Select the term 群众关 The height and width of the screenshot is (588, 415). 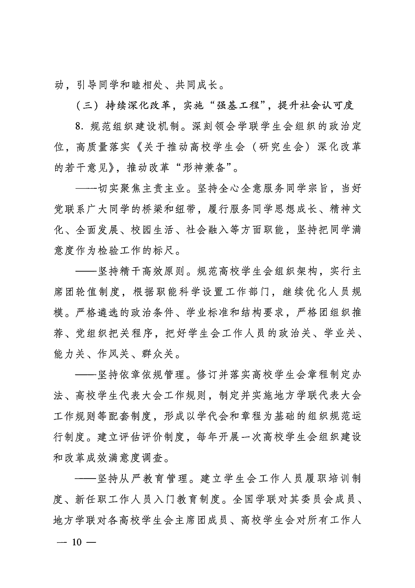(158, 354)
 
